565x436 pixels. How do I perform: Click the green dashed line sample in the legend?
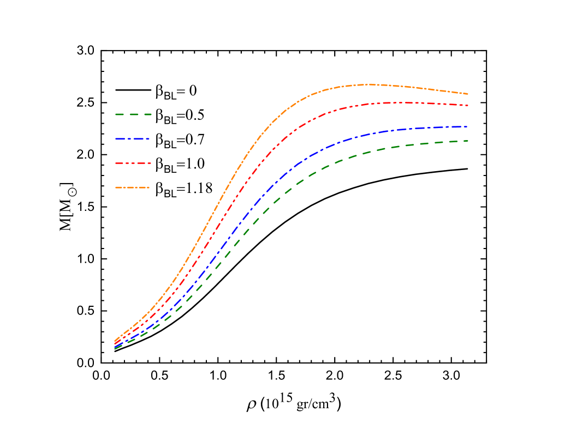tap(133, 114)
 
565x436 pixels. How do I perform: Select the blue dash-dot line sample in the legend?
tap(133, 139)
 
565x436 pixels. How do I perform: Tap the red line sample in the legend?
tap(133, 163)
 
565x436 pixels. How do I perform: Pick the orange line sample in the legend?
tap(133, 187)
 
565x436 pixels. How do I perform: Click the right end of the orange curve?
tap(468, 94)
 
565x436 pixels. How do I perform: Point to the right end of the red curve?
tap(468, 105)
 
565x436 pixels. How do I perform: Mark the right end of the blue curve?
tap(468, 126)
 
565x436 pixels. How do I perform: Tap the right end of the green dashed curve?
tap(468, 141)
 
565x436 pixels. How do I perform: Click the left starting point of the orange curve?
tap(115, 341)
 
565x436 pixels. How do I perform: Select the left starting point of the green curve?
tap(115, 349)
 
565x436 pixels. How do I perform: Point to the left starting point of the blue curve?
tap(115, 346)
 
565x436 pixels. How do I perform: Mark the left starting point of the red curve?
tap(115, 343)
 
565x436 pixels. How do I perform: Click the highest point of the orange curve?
tap(369, 84)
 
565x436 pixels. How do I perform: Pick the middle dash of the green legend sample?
tap(133, 114)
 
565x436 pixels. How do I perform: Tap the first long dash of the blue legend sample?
tap(121, 139)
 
